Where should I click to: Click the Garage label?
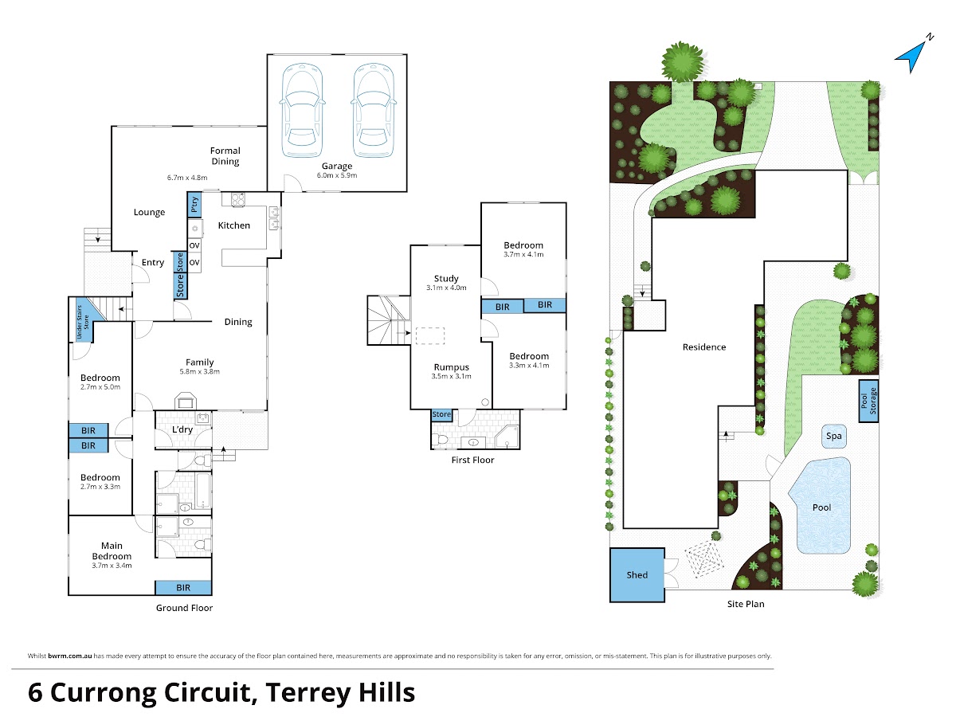(x=337, y=166)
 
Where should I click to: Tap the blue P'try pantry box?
(x=194, y=205)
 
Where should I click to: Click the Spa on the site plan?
(x=833, y=437)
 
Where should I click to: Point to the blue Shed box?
(x=637, y=574)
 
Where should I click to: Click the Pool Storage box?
(x=868, y=401)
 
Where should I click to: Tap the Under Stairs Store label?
(x=82, y=322)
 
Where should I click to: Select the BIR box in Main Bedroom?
(x=183, y=588)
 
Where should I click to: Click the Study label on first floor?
(x=446, y=278)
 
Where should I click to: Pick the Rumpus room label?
(x=451, y=367)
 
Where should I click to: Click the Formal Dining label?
(x=225, y=156)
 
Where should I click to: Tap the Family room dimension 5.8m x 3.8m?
(x=199, y=371)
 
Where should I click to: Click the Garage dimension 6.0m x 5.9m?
(x=337, y=175)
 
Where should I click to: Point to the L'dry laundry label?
(x=182, y=429)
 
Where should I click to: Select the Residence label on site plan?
(x=704, y=347)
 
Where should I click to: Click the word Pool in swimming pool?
(x=821, y=507)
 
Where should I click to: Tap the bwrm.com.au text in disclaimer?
(x=69, y=656)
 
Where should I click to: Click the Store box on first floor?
(x=441, y=414)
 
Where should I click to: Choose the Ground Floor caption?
(x=184, y=608)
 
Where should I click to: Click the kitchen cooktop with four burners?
(x=237, y=200)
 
